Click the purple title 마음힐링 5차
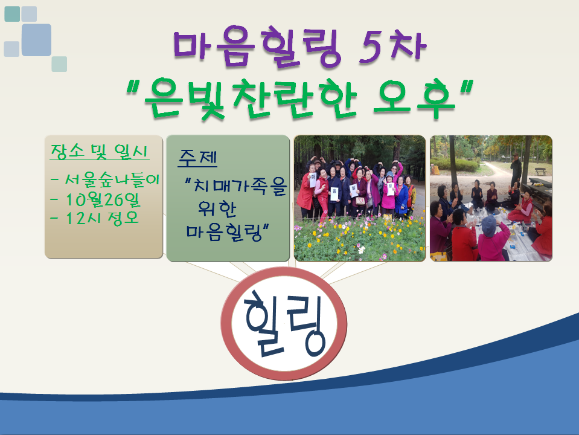click(x=300, y=47)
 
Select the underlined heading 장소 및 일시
click(x=100, y=152)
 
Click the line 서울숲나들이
click(x=105, y=179)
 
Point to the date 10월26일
click(x=95, y=200)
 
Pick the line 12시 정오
click(x=95, y=218)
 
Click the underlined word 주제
click(x=197, y=158)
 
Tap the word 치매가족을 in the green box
click(x=235, y=185)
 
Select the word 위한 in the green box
click(x=217, y=209)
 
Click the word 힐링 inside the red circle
click(x=285, y=324)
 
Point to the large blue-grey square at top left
click(x=36, y=40)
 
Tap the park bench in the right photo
click(x=540, y=172)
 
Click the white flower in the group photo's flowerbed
click(x=361, y=250)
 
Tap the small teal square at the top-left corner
click(x=12, y=14)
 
